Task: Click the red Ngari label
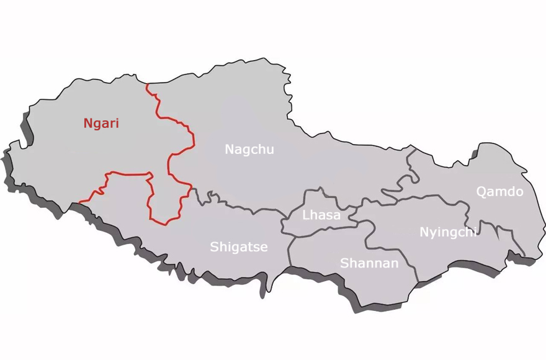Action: [101, 124]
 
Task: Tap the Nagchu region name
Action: [249, 150]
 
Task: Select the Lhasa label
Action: [321, 215]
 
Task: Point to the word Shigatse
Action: [238, 247]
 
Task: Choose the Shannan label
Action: [369, 263]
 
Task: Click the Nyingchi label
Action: [448, 232]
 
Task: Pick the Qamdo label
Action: [499, 191]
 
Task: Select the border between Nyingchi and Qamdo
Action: [467, 214]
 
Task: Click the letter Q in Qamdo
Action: [481, 191]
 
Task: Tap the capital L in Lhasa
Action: [305, 215]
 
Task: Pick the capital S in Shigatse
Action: [214, 247]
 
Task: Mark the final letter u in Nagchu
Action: [270, 150]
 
